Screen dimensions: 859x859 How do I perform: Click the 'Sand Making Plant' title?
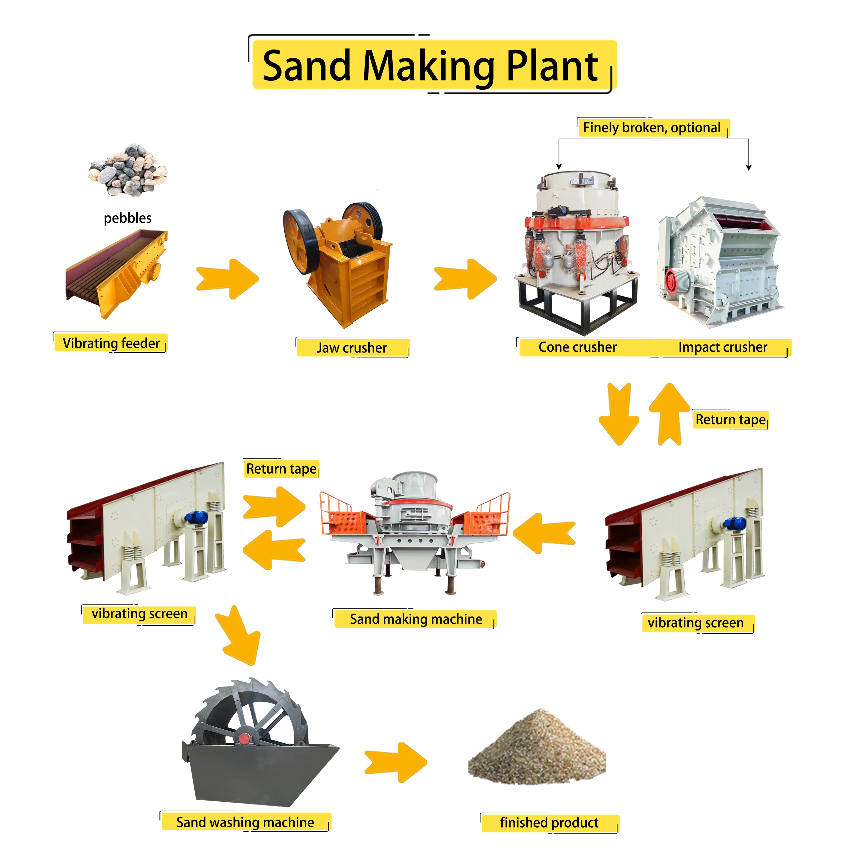430,66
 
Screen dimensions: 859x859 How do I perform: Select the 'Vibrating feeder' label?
111,343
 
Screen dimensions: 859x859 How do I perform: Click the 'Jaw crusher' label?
352,348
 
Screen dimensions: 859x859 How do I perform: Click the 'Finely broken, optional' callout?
651,128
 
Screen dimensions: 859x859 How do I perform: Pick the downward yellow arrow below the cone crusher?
619,413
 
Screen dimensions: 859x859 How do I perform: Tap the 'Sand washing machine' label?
245,822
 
